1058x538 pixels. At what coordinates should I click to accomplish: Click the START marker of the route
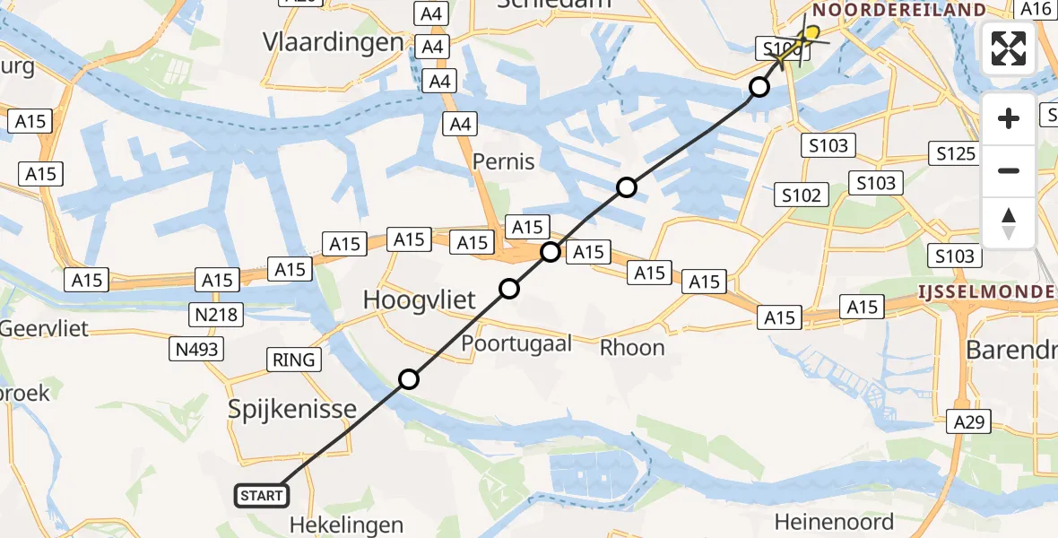pyautogui.click(x=262, y=495)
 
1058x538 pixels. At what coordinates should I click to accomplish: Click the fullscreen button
pyautogui.click(x=1009, y=48)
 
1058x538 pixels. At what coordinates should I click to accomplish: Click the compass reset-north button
pyautogui.click(x=1009, y=223)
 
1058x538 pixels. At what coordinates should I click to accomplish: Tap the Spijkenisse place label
pyautogui.click(x=291, y=410)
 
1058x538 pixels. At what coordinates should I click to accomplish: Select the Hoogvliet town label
pyautogui.click(x=420, y=300)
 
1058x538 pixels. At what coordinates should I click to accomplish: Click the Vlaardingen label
pyautogui.click(x=333, y=42)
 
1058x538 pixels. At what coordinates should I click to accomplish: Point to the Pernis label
pyautogui.click(x=504, y=162)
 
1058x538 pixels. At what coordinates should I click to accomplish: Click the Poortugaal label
pyautogui.click(x=516, y=344)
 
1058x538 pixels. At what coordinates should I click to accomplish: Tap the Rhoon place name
pyautogui.click(x=632, y=347)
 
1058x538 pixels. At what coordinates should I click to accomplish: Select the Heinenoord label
pyautogui.click(x=834, y=521)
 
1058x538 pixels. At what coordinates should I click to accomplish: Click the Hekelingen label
pyautogui.click(x=347, y=525)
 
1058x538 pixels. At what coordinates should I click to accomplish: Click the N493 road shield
pyautogui.click(x=197, y=350)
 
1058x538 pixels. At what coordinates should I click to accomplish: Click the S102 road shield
pyautogui.click(x=801, y=195)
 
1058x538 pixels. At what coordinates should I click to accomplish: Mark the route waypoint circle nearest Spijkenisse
pyautogui.click(x=409, y=379)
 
